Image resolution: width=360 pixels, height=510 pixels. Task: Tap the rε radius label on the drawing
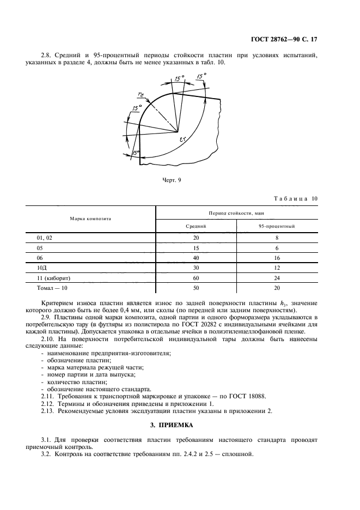pyautogui.click(x=141, y=95)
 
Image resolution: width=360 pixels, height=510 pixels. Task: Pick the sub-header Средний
pyautogui.click(x=196, y=226)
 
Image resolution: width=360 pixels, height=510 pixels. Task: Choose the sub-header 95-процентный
pyautogui.click(x=277, y=226)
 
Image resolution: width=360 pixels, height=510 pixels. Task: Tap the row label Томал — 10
pyautogui.click(x=52, y=287)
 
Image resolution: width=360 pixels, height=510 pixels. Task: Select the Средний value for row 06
pyautogui.click(x=196, y=257)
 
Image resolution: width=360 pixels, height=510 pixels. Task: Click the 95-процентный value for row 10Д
pyautogui.click(x=277, y=267)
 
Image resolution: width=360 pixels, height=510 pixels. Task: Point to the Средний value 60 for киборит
pyautogui.click(x=196, y=277)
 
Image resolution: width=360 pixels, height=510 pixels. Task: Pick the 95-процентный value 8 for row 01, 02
pyautogui.click(x=277, y=238)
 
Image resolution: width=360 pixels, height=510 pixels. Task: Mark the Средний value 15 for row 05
pyautogui.click(x=196, y=247)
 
